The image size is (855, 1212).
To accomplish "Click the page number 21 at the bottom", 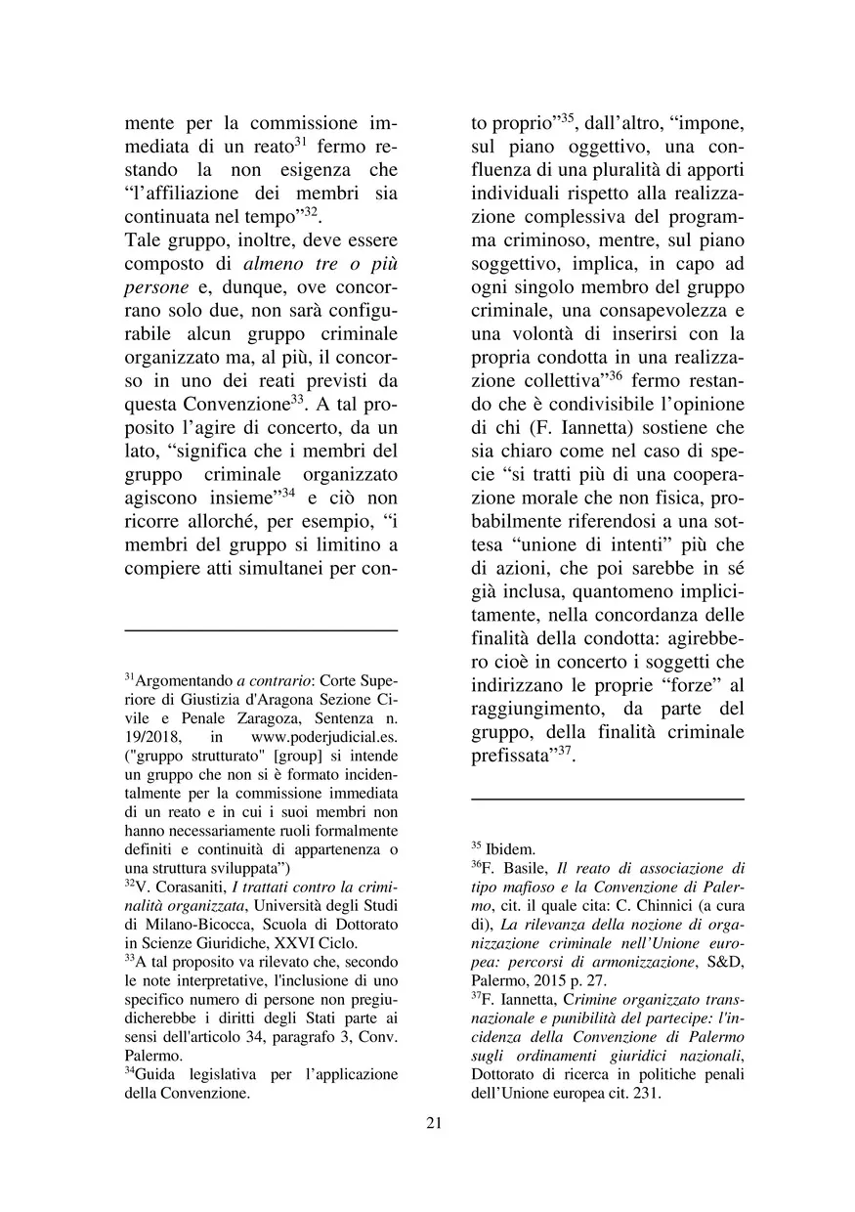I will point(434,1122).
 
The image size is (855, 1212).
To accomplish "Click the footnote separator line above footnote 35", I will point(607,800).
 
